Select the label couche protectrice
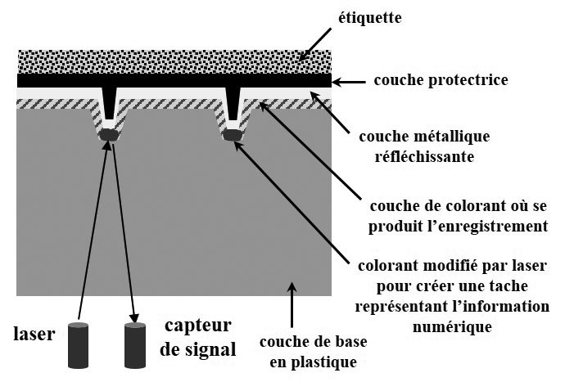pos(441,80)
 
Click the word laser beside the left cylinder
pos(34,333)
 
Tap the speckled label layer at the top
pos(174,60)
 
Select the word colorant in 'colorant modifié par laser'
pos(390,267)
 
